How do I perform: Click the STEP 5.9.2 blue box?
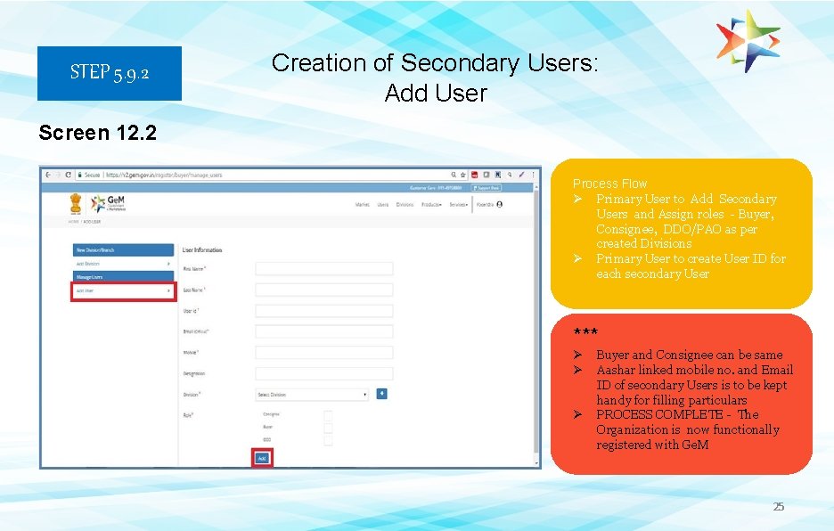tap(110, 73)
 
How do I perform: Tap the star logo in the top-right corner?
tap(748, 41)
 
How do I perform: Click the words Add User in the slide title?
tap(436, 93)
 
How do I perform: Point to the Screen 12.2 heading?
tap(98, 134)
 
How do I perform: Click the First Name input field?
tap(323, 268)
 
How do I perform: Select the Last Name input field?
tap(323, 290)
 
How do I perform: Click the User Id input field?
tap(323, 311)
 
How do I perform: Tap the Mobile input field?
tap(323, 353)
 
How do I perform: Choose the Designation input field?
tap(323, 373)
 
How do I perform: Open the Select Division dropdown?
tap(313, 394)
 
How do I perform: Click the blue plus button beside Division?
tap(381, 393)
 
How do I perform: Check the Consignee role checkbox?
tap(328, 415)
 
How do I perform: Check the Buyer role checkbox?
tap(328, 428)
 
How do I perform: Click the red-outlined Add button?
tap(262, 458)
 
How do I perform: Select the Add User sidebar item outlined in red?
tap(123, 291)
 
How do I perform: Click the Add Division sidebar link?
tap(123, 264)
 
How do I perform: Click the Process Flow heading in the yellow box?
tap(609, 184)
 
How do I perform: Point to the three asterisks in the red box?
tap(585, 333)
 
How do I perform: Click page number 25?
tap(778, 507)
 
